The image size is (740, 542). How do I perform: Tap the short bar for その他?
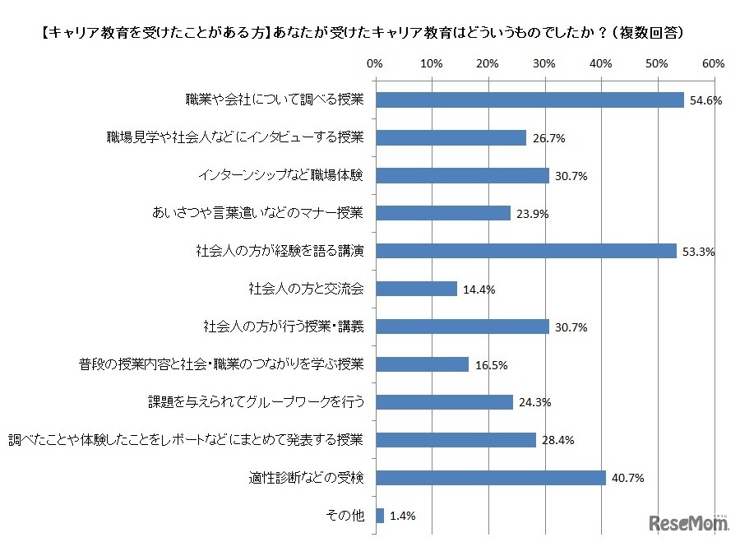[379, 516]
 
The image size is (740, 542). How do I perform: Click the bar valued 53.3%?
[525, 251]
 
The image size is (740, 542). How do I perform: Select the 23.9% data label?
[531, 214]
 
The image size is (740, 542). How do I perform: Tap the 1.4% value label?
[402, 517]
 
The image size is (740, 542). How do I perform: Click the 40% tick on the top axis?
[600, 63]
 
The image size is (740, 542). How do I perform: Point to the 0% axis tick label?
[375, 63]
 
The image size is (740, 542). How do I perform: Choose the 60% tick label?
[712, 63]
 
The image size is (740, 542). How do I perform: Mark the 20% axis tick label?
[488, 63]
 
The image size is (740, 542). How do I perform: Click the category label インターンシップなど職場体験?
[286, 175]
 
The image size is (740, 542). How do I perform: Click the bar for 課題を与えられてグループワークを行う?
[444, 402]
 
